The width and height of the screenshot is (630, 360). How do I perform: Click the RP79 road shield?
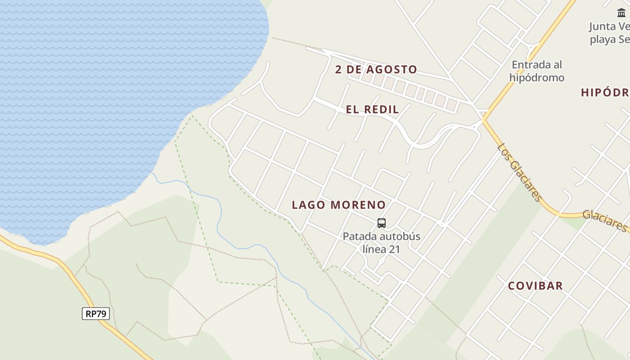pos(96,314)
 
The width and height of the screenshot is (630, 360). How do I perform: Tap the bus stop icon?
pos(382,223)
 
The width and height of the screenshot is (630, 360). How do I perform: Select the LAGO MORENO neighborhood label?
pos(339,205)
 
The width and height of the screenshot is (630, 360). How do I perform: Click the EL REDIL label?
pos(372,109)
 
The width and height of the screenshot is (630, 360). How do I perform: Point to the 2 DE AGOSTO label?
pos(376,70)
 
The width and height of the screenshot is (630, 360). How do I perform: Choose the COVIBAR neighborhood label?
pos(535,286)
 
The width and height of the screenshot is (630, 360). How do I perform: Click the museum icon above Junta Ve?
pos(621,13)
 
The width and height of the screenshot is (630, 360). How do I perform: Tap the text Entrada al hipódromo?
pos(537,71)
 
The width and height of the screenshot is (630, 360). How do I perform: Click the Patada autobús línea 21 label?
pos(382,243)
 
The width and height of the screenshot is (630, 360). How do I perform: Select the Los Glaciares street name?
pos(519,172)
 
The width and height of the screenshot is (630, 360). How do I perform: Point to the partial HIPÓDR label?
pos(605,93)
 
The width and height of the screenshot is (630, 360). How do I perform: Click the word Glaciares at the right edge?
pos(605,220)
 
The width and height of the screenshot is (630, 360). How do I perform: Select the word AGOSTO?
pos(391,70)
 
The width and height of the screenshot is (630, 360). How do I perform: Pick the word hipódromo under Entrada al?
pos(537,78)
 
